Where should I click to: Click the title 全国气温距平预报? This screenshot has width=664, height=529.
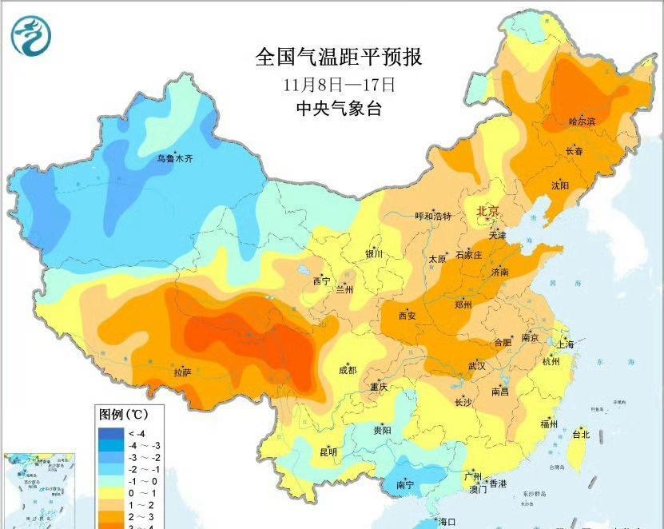point(338,58)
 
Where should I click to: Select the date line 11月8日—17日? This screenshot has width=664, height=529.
point(338,84)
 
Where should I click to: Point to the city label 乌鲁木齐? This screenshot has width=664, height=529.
point(174,159)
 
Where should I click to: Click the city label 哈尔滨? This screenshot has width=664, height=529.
point(582,121)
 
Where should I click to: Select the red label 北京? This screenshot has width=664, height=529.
point(487,211)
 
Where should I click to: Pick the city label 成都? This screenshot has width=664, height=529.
point(348,370)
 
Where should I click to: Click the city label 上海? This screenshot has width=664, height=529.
point(566,344)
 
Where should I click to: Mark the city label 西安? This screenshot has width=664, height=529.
point(408,315)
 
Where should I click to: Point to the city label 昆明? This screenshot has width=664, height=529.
point(328,451)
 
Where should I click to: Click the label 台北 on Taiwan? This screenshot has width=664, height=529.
point(581,435)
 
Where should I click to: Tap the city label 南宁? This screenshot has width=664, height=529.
point(406,484)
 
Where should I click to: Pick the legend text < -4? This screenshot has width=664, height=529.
point(137,433)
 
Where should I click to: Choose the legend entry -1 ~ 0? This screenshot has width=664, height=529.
point(141,482)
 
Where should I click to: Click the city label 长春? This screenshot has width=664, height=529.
point(575,150)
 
